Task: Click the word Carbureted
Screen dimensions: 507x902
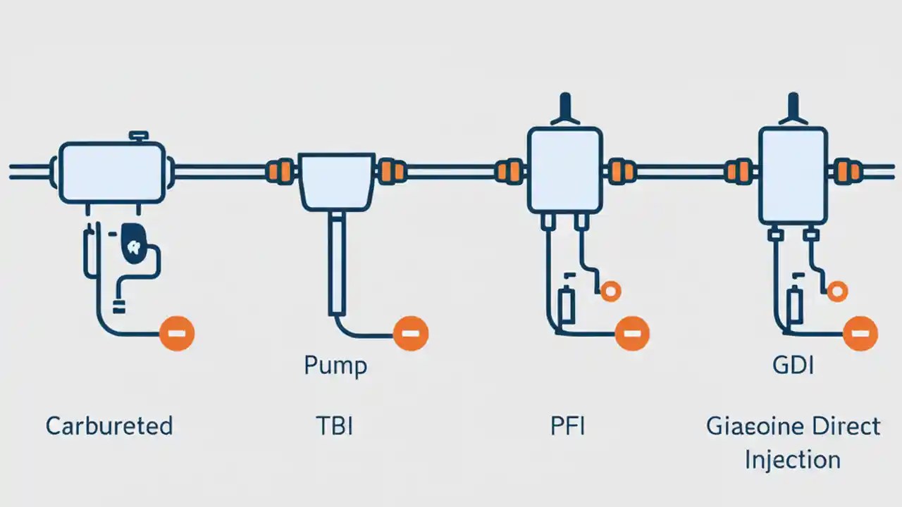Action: pos(109,426)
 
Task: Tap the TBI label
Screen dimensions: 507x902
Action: pos(335,426)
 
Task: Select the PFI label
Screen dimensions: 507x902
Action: pos(567,426)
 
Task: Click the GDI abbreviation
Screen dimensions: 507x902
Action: pos(793,366)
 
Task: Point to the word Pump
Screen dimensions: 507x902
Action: pos(335,366)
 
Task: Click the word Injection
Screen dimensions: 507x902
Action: pos(793,460)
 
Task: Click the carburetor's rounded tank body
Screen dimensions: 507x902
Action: pos(112,173)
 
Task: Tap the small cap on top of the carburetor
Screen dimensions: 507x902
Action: pos(137,134)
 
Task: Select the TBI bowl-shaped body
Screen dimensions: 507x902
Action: pos(337,180)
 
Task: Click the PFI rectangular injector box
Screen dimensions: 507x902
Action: pos(564,169)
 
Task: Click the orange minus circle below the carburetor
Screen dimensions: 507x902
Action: pos(176,332)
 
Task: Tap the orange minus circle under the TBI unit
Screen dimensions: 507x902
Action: pos(410,332)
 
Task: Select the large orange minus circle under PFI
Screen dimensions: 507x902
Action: pos(632,332)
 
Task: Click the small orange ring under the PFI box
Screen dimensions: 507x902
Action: pos(610,289)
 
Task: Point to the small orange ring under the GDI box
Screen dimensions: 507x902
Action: pos(837,289)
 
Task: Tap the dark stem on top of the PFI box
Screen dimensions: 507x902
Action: pos(564,109)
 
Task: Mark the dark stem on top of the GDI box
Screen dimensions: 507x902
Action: pos(793,109)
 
